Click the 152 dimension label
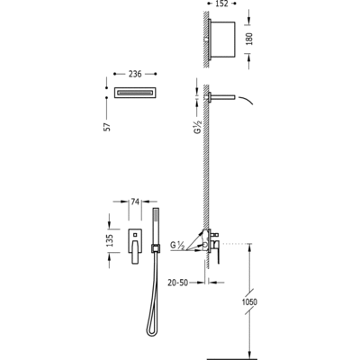click(x=221, y=4)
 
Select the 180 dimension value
click(x=249, y=39)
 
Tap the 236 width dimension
click(x=135, y=74)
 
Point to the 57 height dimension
click(x=108, y=126)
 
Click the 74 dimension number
click(x=135, y=202)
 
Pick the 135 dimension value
click(x=110, y=240)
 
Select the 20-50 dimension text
click(x=177, y=283)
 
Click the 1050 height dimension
click(x=249, y=301)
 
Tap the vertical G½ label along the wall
click(x=198, y=126)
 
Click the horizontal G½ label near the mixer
click(x=177, y=245)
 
